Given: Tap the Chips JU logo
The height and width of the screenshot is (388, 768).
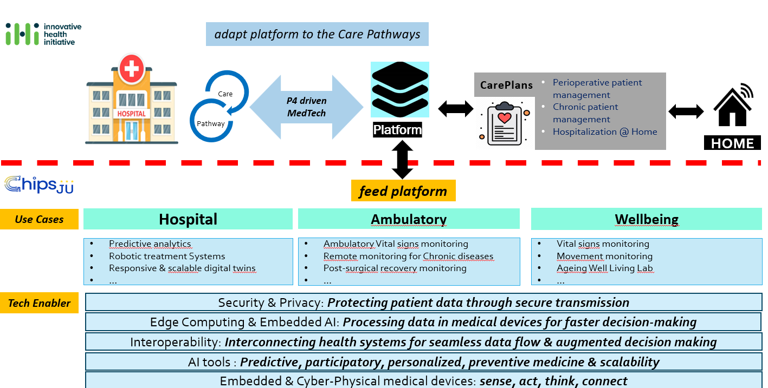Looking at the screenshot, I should click(x=39, y=185).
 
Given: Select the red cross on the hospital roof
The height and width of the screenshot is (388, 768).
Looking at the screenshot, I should click(x=132, y=68).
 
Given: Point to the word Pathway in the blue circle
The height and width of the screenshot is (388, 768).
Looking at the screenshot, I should click(x=211, y=123).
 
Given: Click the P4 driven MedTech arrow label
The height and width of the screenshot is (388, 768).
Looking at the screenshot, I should click(x=306, y=107).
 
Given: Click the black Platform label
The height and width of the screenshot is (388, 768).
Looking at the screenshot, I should click(x=397, y=130).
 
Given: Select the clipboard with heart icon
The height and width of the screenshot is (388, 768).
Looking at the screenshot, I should click(x=505, y=124).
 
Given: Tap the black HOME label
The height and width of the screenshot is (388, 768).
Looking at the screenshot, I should click(x=732, y=143).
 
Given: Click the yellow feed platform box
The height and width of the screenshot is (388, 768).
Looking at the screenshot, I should click(x=403, y=191).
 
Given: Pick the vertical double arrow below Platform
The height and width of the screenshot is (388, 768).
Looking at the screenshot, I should click(x=402, y=160).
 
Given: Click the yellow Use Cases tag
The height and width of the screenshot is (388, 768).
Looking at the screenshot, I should click(x=39, y=219).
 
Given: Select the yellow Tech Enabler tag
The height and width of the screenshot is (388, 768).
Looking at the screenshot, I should click(x=39, y=303).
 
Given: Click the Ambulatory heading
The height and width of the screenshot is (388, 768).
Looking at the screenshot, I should click(x=409, y=219).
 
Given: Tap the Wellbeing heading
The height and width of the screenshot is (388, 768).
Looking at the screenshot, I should click(x=646, y=219).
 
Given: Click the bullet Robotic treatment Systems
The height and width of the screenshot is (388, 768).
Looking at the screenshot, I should click(x=167, y=256).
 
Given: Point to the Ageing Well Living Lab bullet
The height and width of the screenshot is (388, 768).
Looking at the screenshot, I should click(x=604, y=268).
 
